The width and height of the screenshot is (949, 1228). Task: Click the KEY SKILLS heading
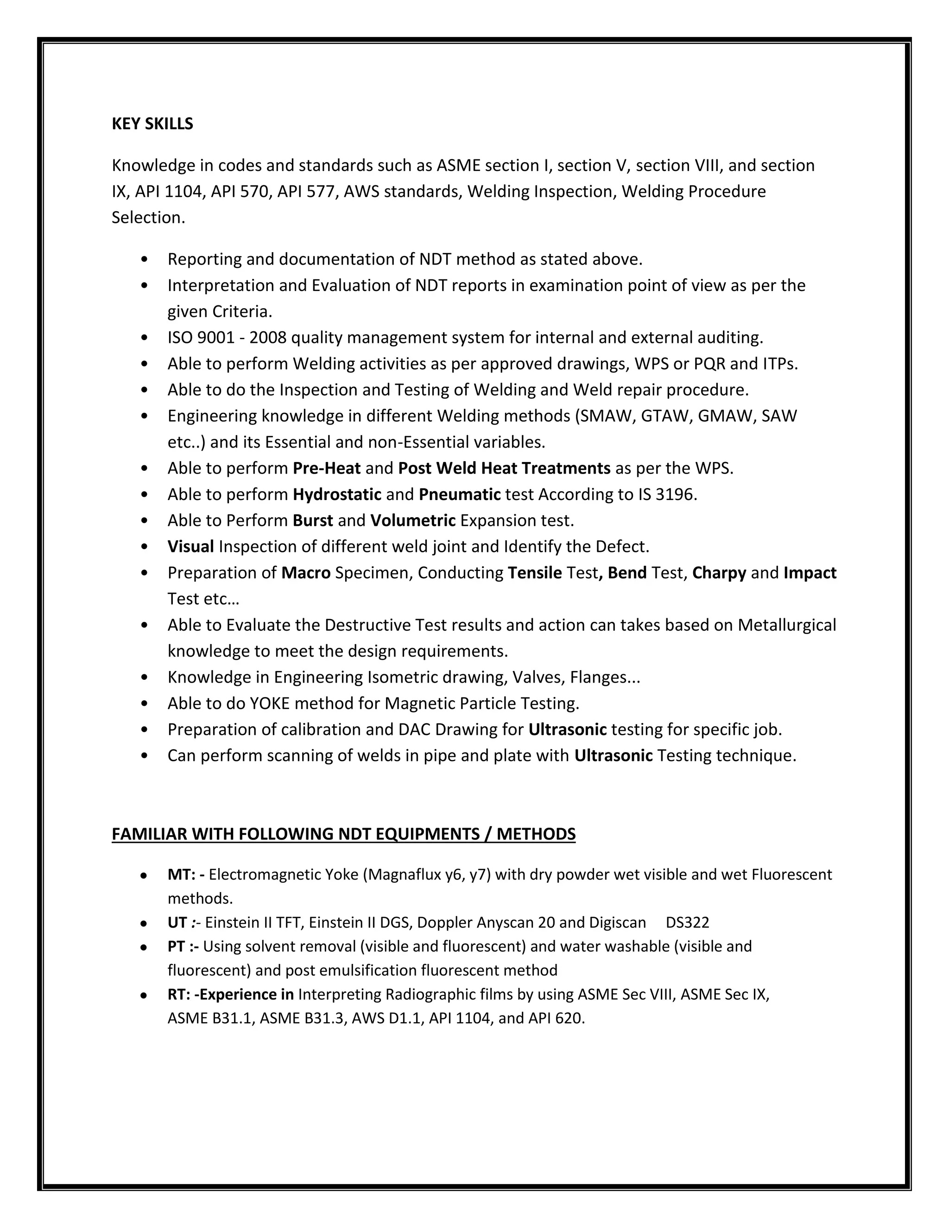(152, 124)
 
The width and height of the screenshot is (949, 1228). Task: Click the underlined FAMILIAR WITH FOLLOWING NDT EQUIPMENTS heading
(343, 834)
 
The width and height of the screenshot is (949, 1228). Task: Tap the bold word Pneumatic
(459, 494)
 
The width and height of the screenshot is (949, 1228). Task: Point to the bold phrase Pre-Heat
(326, 468)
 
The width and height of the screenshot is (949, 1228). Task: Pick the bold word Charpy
(719, 572)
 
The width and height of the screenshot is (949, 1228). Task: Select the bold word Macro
(306, 572)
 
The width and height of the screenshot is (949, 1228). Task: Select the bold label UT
(177, 923)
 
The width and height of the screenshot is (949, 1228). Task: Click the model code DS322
(687, 923)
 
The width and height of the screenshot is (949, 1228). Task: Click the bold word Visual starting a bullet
(190, 546)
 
